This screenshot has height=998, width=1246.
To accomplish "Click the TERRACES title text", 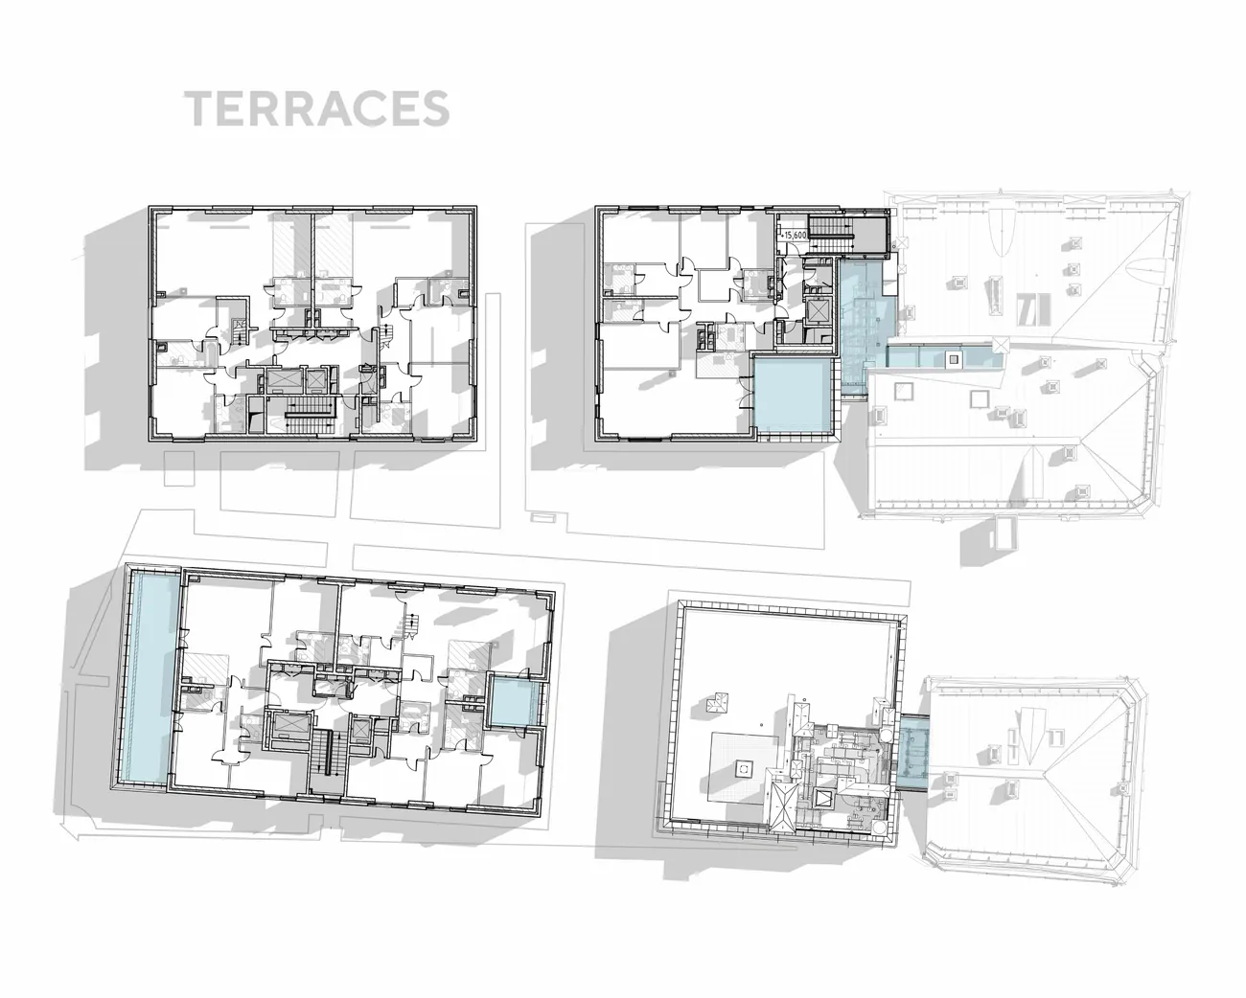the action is (x=316, y=108).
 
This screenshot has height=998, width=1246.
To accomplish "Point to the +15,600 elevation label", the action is (x=794, y=236).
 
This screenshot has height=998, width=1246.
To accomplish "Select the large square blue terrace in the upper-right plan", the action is (x=793, y=396).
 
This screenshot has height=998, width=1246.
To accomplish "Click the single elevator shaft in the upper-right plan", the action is (x=817, y=311).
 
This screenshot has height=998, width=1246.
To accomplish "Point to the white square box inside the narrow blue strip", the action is (x=953, y=360).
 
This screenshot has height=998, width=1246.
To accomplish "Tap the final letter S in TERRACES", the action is (x=435, y=109).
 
